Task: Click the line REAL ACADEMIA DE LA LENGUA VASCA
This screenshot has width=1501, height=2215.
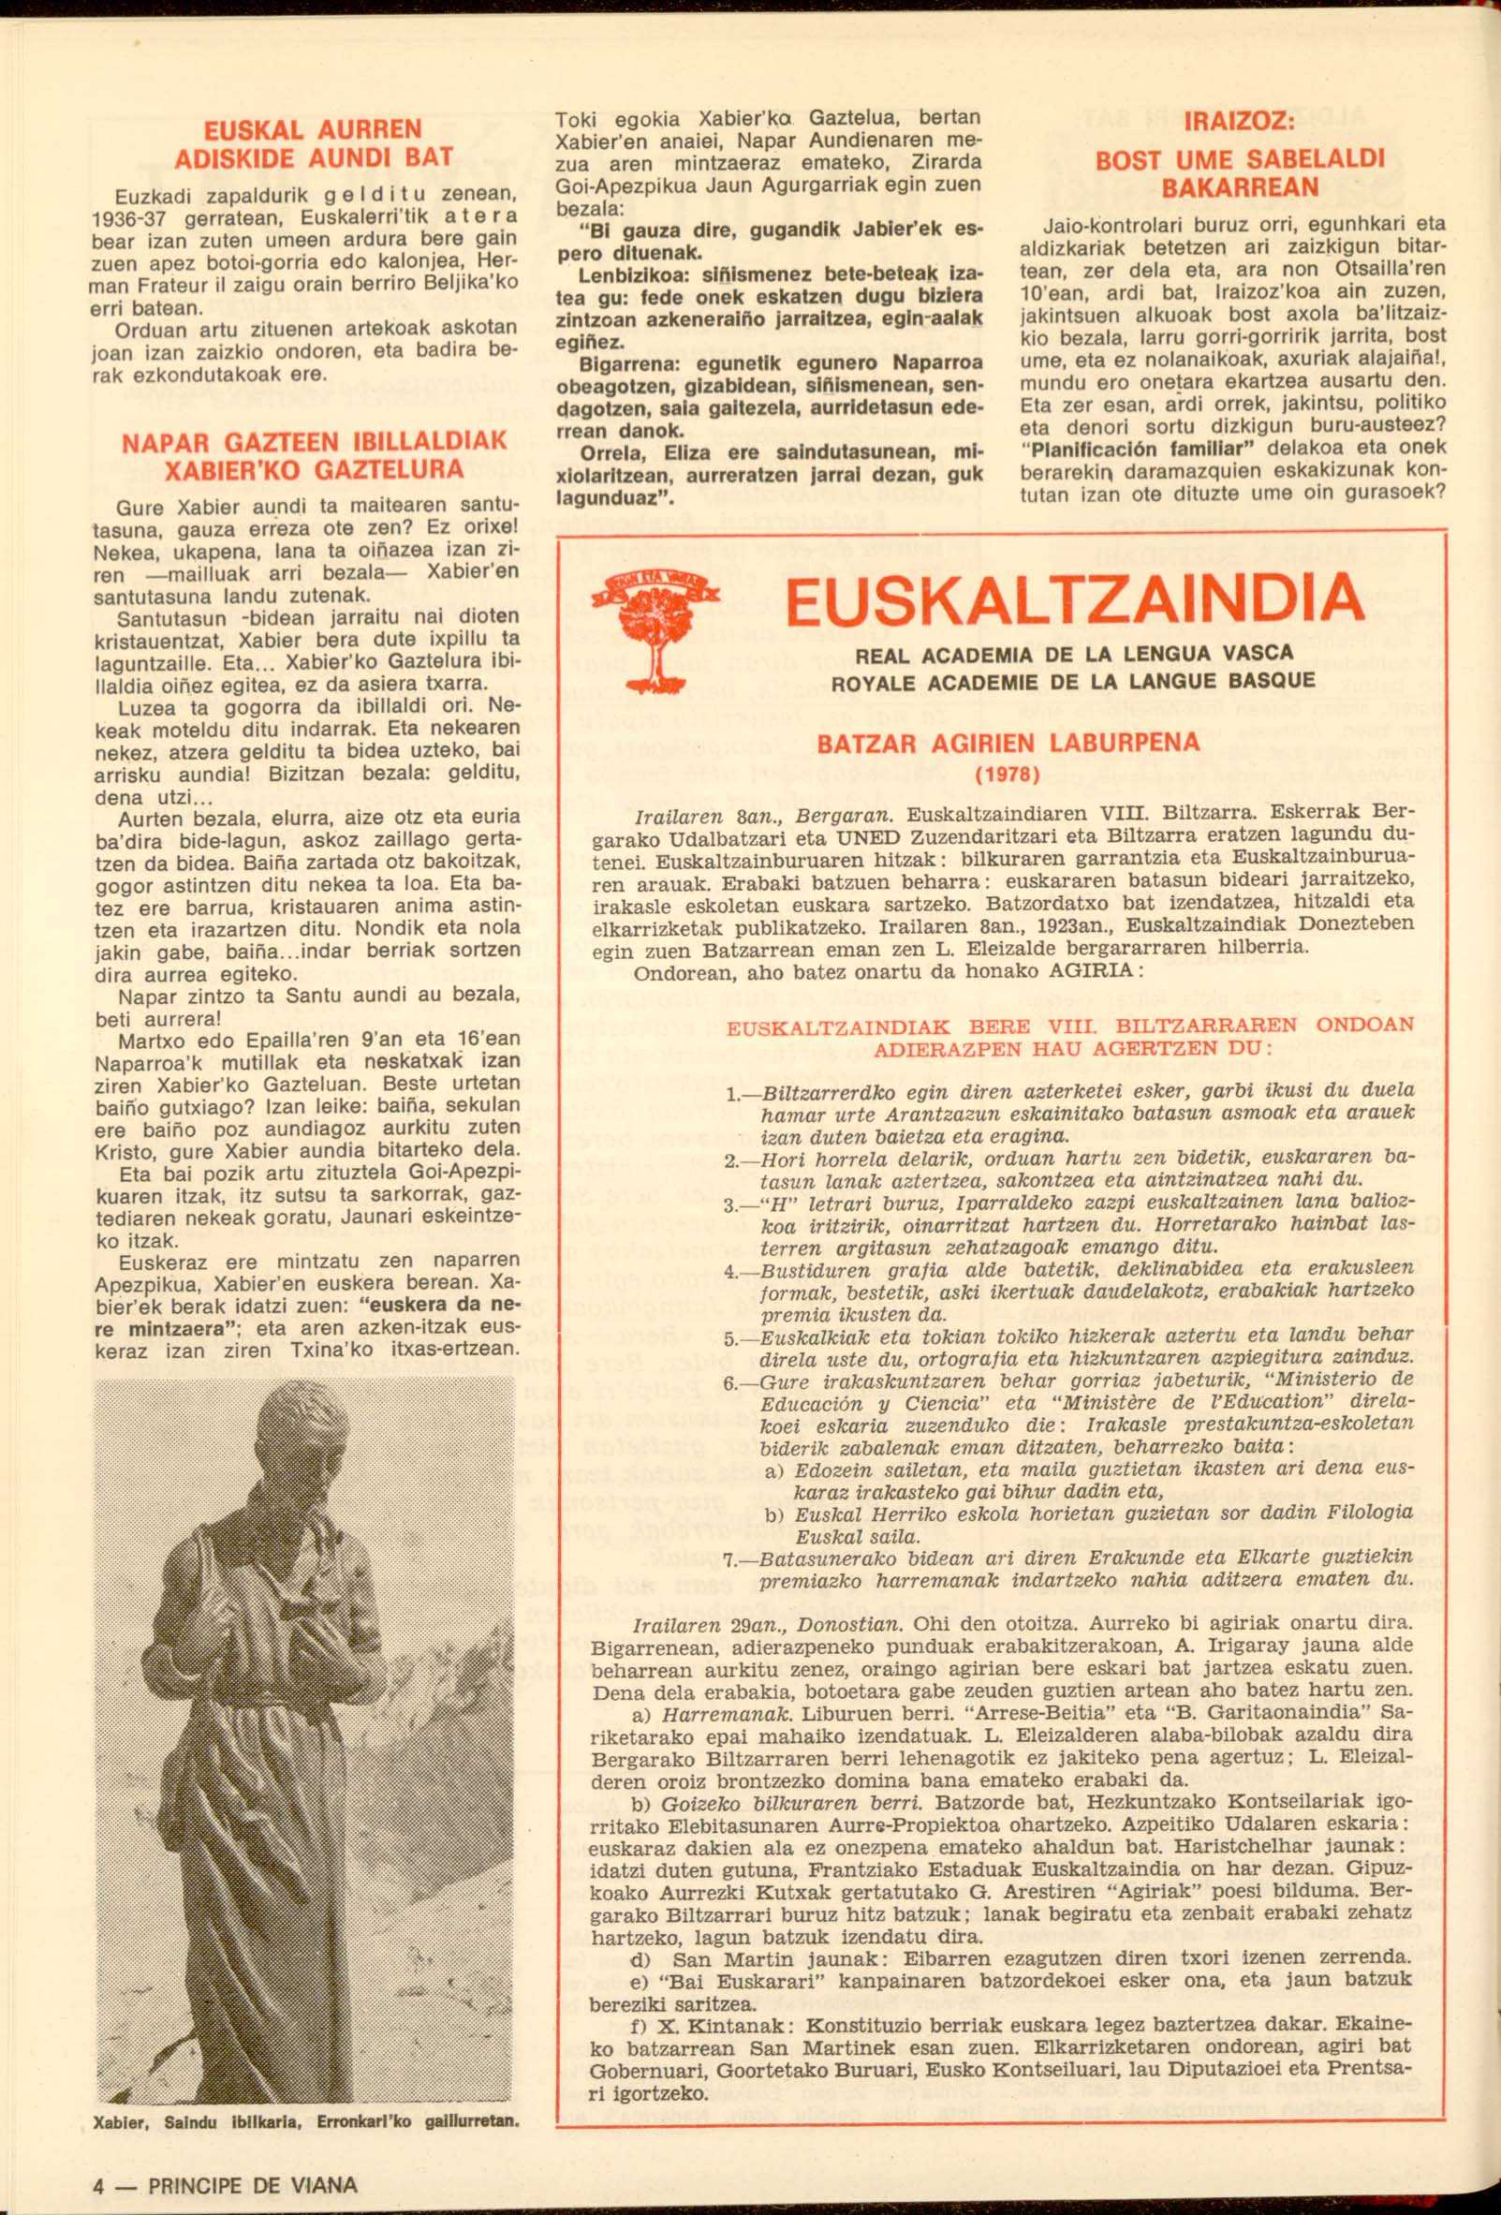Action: point(1074,654)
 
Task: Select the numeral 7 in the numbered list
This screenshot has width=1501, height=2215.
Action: point(730,1560)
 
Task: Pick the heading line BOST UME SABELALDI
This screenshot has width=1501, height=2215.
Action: point(1239,159)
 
